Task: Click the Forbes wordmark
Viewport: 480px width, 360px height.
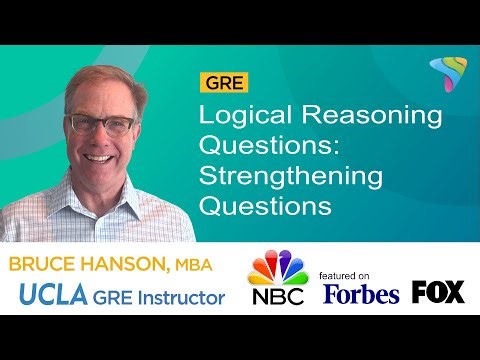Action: pyautogui.click(x=361, y=293)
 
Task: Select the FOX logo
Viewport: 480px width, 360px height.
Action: pyautogui.click(x=438, y=292)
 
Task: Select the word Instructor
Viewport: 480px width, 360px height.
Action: pyautogui.click(x=187, y=296)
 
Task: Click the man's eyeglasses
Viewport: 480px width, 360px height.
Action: pyautogui.click(x=100, y=125)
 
